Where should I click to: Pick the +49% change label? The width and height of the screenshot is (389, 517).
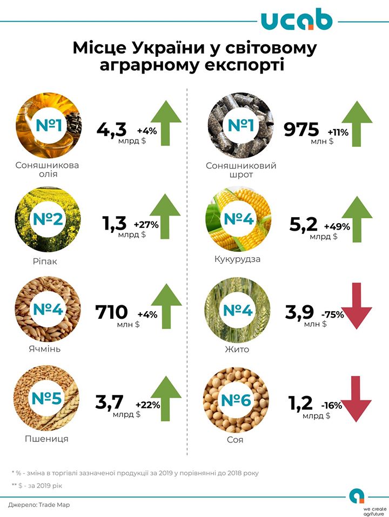click(x=337, y=226)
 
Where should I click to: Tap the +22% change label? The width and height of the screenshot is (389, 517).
click(x=147, y=405)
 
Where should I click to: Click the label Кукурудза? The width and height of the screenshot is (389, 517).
click(x=238, y=259)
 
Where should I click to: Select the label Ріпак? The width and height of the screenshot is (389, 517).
click(x=45, y=261)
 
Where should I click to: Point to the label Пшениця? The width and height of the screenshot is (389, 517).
click(x=46, y=438)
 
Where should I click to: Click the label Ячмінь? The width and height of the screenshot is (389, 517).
click(x=44, y=348)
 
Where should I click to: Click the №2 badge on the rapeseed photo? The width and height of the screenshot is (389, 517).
click(x=49, y=220)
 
